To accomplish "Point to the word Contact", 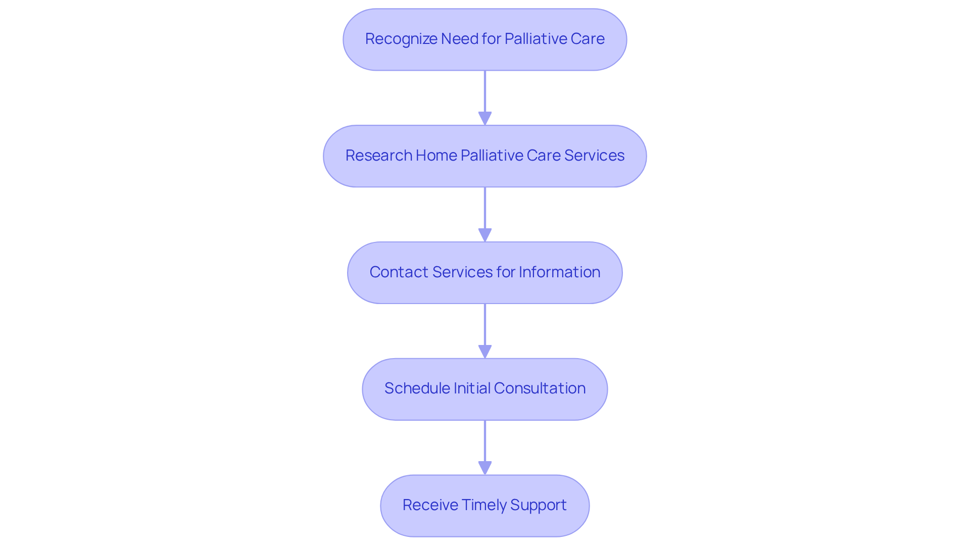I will (x=399, y=272).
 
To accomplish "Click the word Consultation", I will (x=540, y=388).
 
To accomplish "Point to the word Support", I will (x=538, y=505).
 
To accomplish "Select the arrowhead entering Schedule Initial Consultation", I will (x=485, y=352).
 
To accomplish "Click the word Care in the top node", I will (x=588, y=39).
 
